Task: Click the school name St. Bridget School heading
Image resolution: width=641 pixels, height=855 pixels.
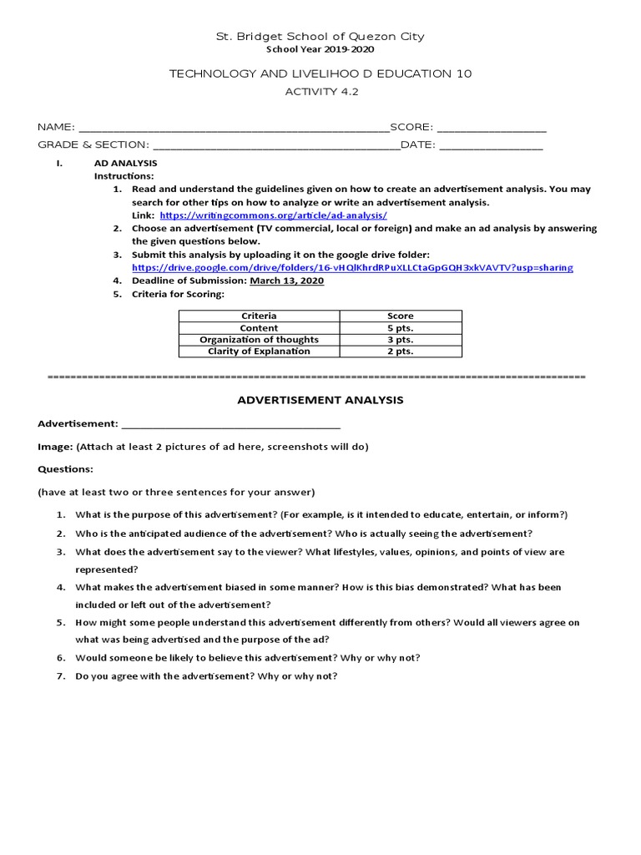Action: (320, 36)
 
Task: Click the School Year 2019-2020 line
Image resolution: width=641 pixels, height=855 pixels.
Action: (320, 49)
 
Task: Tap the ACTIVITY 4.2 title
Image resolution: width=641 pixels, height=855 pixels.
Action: (320, 92)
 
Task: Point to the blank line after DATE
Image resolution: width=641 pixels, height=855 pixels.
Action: (491, 146)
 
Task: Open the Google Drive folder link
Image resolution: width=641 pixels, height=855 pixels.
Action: (352, 267)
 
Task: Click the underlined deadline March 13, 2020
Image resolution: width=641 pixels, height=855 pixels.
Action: (285, 281)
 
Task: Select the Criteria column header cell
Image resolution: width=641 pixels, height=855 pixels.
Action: (259, 316)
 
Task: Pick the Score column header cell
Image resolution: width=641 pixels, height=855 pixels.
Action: (401, 316)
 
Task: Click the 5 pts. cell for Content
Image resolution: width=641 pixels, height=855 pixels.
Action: (401, 328)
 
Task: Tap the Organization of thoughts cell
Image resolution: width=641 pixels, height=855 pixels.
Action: (259, 340)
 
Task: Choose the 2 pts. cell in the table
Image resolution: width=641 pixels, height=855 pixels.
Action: (401, 352)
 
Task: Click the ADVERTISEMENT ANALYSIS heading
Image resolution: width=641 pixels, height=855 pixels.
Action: (320, 400)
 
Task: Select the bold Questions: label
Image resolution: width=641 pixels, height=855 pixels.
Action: (65, 469)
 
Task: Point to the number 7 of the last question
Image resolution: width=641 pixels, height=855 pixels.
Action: (60, 675)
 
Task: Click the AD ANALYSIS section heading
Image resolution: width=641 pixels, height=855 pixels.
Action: (125, 164)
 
